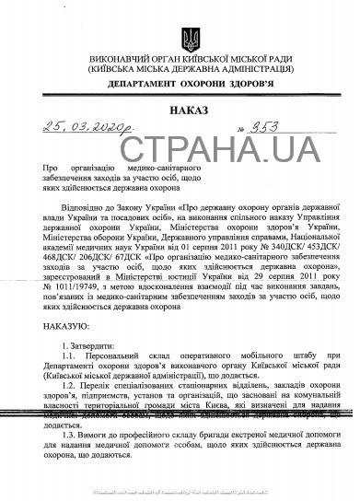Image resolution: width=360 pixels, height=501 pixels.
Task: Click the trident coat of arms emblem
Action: (191, 40)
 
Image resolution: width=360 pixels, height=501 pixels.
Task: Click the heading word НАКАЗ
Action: (190, 111)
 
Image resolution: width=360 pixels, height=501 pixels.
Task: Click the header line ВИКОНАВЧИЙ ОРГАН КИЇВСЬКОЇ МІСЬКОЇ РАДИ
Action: (191, 59)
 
